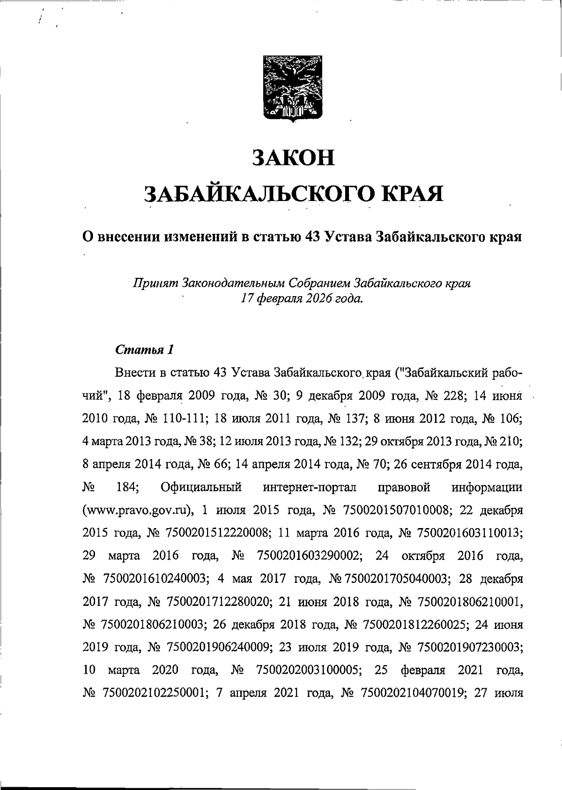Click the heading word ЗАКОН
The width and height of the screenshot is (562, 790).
[294, 157]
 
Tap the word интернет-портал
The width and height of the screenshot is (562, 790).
[309, 487]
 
